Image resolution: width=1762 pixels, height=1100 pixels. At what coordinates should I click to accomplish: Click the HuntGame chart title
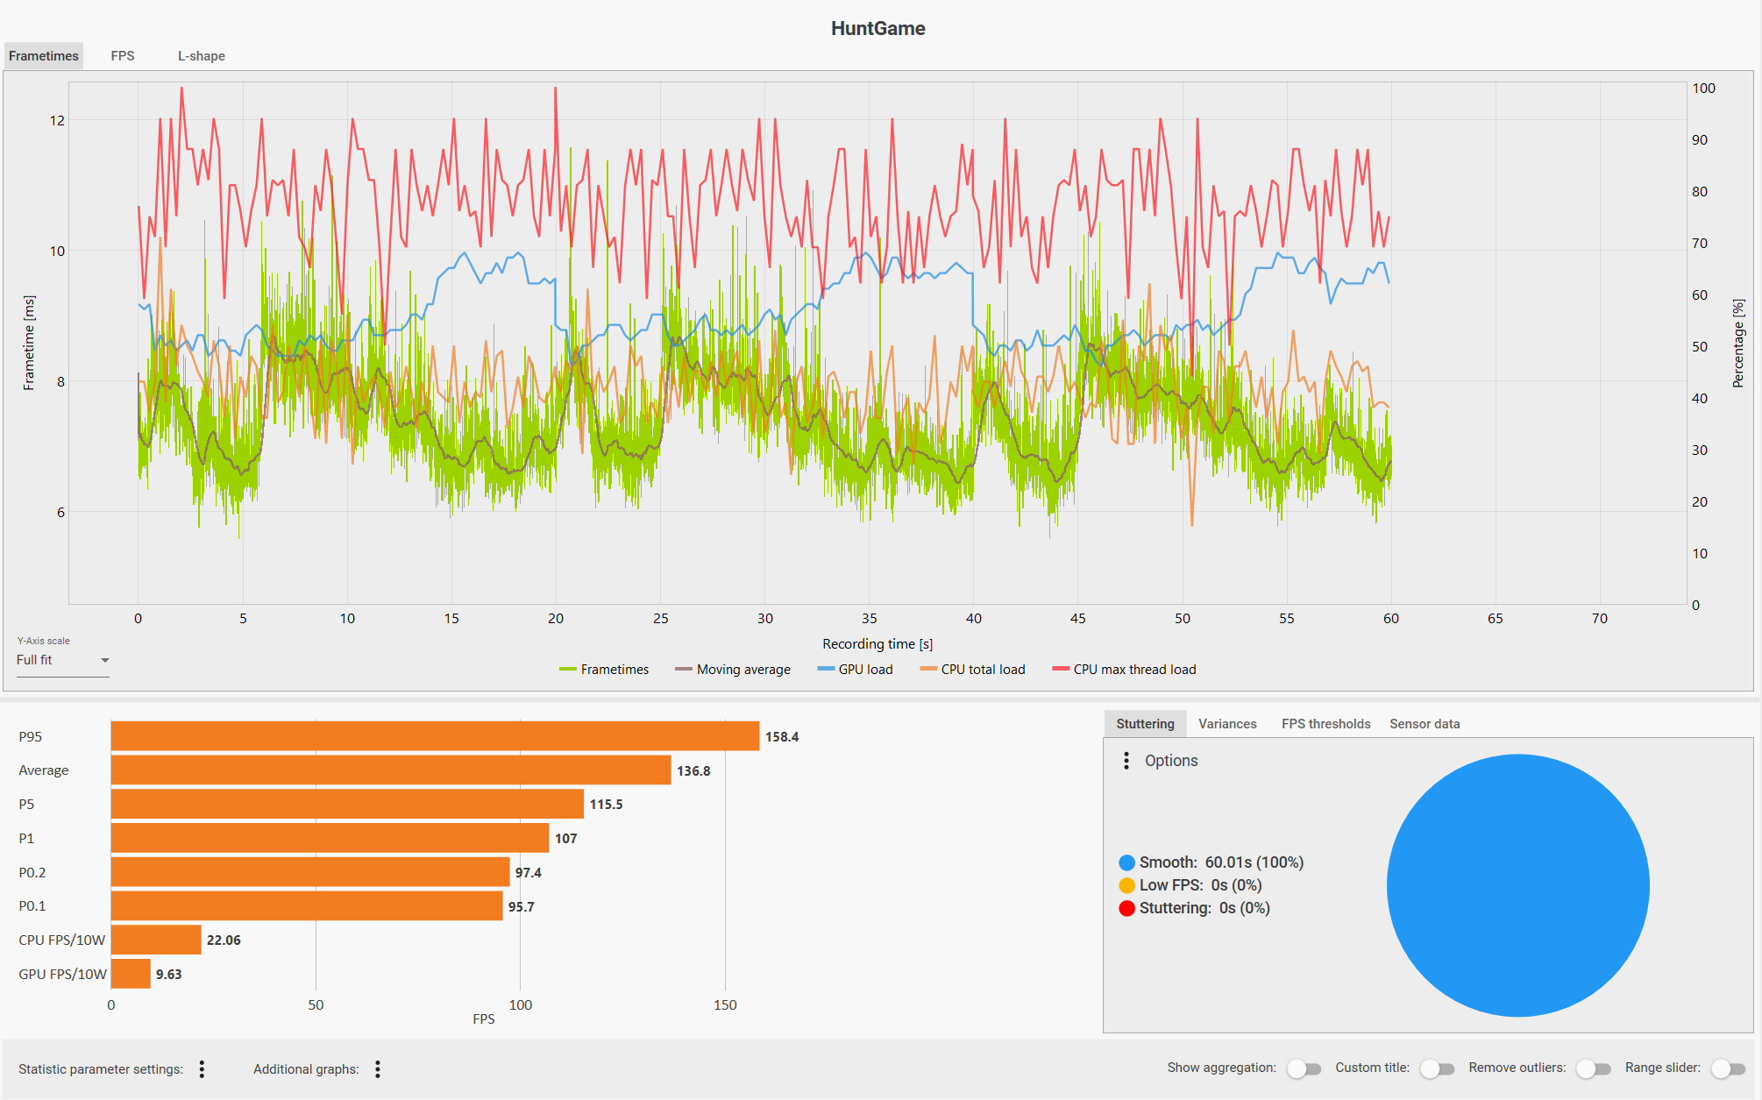877,28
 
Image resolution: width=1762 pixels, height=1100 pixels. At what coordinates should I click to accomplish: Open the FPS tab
123,56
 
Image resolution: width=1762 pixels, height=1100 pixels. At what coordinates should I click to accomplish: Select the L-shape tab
201,56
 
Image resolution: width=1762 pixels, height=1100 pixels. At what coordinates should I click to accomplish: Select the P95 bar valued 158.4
435,736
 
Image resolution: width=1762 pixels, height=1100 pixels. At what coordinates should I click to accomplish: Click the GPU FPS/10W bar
131,974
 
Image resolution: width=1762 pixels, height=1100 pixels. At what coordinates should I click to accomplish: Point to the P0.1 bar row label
32,906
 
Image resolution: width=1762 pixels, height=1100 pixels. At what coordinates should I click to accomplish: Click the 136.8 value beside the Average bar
693,771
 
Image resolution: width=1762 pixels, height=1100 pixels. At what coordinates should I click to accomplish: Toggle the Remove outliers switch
1594,1068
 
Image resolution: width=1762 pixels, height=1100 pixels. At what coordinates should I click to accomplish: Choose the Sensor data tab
1425,724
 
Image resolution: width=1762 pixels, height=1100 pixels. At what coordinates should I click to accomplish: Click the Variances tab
1227,724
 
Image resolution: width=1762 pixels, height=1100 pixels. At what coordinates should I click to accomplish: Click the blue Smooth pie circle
1517,885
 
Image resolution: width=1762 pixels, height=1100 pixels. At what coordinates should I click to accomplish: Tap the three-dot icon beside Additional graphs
378,1069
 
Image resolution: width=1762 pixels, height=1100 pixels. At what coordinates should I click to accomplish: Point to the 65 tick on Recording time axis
1496,619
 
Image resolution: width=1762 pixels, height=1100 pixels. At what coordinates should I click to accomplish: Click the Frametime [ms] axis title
29,343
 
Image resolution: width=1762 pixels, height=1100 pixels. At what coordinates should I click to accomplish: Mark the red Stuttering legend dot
1126,908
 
